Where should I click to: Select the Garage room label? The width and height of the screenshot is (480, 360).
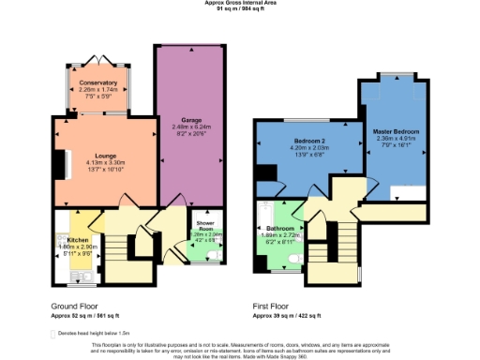pos(190,120)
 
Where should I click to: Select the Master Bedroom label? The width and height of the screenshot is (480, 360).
pos(395,130)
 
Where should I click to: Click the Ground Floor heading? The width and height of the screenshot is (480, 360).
pos(74,307)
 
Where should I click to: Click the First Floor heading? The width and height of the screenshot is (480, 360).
pos(272,307)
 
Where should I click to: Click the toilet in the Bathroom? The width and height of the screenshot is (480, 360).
pos(292,253)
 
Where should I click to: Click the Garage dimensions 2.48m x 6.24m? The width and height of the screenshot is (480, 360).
pos(190,127)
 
